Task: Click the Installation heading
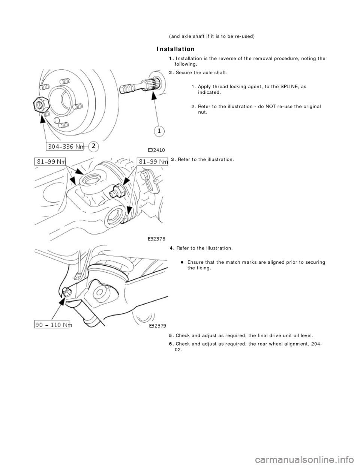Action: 175,49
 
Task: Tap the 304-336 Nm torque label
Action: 65,147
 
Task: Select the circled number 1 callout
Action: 159,131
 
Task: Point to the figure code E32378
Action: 153,238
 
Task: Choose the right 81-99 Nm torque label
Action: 152,162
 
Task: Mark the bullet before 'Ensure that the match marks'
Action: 181,262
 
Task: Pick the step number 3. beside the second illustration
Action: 173,159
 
